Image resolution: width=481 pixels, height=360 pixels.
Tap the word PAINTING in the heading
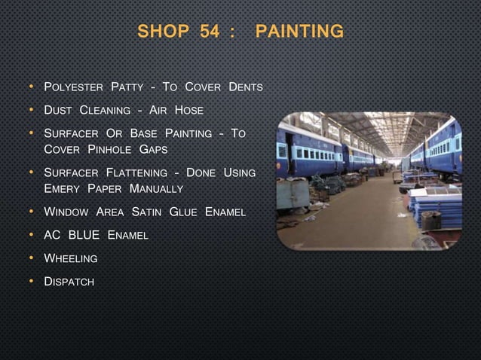coord(299,32)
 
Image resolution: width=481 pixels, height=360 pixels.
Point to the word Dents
coord(246,87)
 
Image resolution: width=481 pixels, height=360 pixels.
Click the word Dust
coord(58,111)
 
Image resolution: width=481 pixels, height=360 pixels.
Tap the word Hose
coord(189,111)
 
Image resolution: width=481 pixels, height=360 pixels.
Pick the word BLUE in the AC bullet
coord(84,235)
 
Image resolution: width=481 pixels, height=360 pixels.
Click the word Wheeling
coord(71,258)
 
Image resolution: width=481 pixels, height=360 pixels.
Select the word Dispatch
coord(69,282)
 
